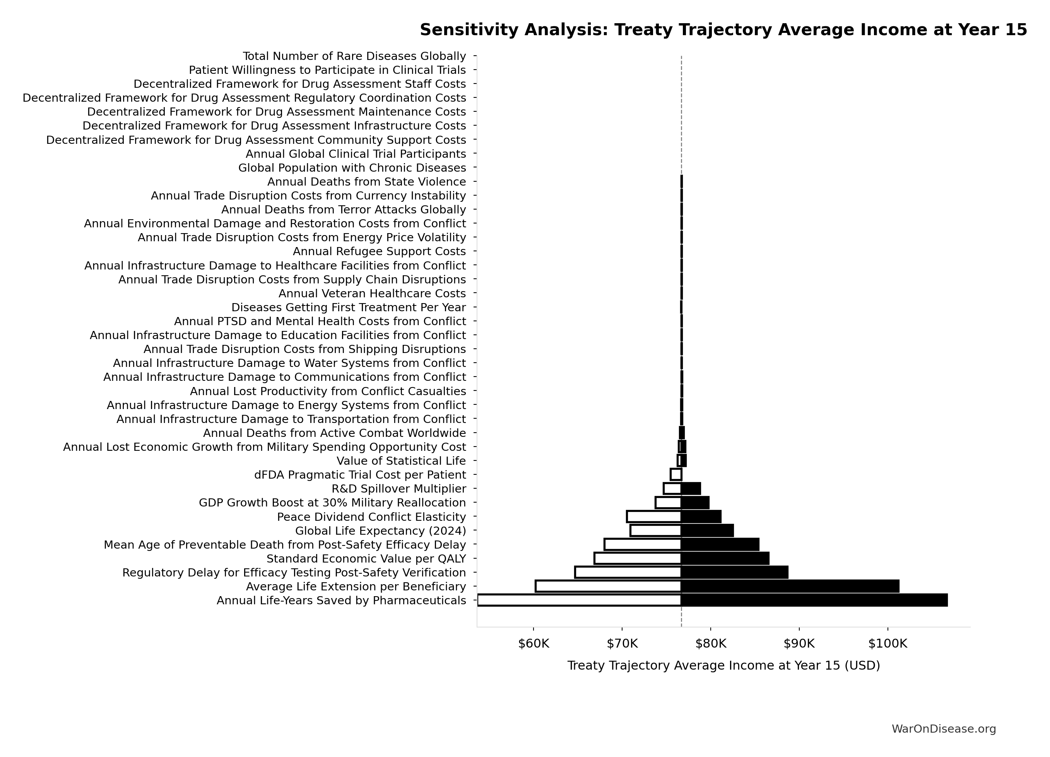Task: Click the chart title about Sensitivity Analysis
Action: (723, 30)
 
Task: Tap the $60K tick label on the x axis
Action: (534, 644)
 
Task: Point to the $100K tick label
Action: (888, 644)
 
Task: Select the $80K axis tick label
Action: (711, 644)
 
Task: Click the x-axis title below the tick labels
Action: (723, 666)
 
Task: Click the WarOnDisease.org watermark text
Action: (944, 729)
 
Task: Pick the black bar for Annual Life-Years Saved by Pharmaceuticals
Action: (814, 600)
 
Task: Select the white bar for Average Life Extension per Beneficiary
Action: (608, 586)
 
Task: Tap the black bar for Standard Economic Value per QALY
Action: (725, 559)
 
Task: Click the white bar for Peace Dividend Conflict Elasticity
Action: (654, 517)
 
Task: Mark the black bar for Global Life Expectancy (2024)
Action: (707, 531)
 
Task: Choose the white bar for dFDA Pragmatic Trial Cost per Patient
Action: (676, 475)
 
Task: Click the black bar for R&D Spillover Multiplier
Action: (691, 489)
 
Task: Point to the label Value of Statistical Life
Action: (401, 461)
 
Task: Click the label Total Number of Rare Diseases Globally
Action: (354, 56)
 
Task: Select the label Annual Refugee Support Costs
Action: (379, 252)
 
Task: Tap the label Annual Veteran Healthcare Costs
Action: (372, 294)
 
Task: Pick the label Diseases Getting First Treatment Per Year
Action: (349, 308)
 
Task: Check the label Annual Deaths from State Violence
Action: (366, 182)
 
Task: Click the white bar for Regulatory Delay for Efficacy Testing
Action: (628, 572)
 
